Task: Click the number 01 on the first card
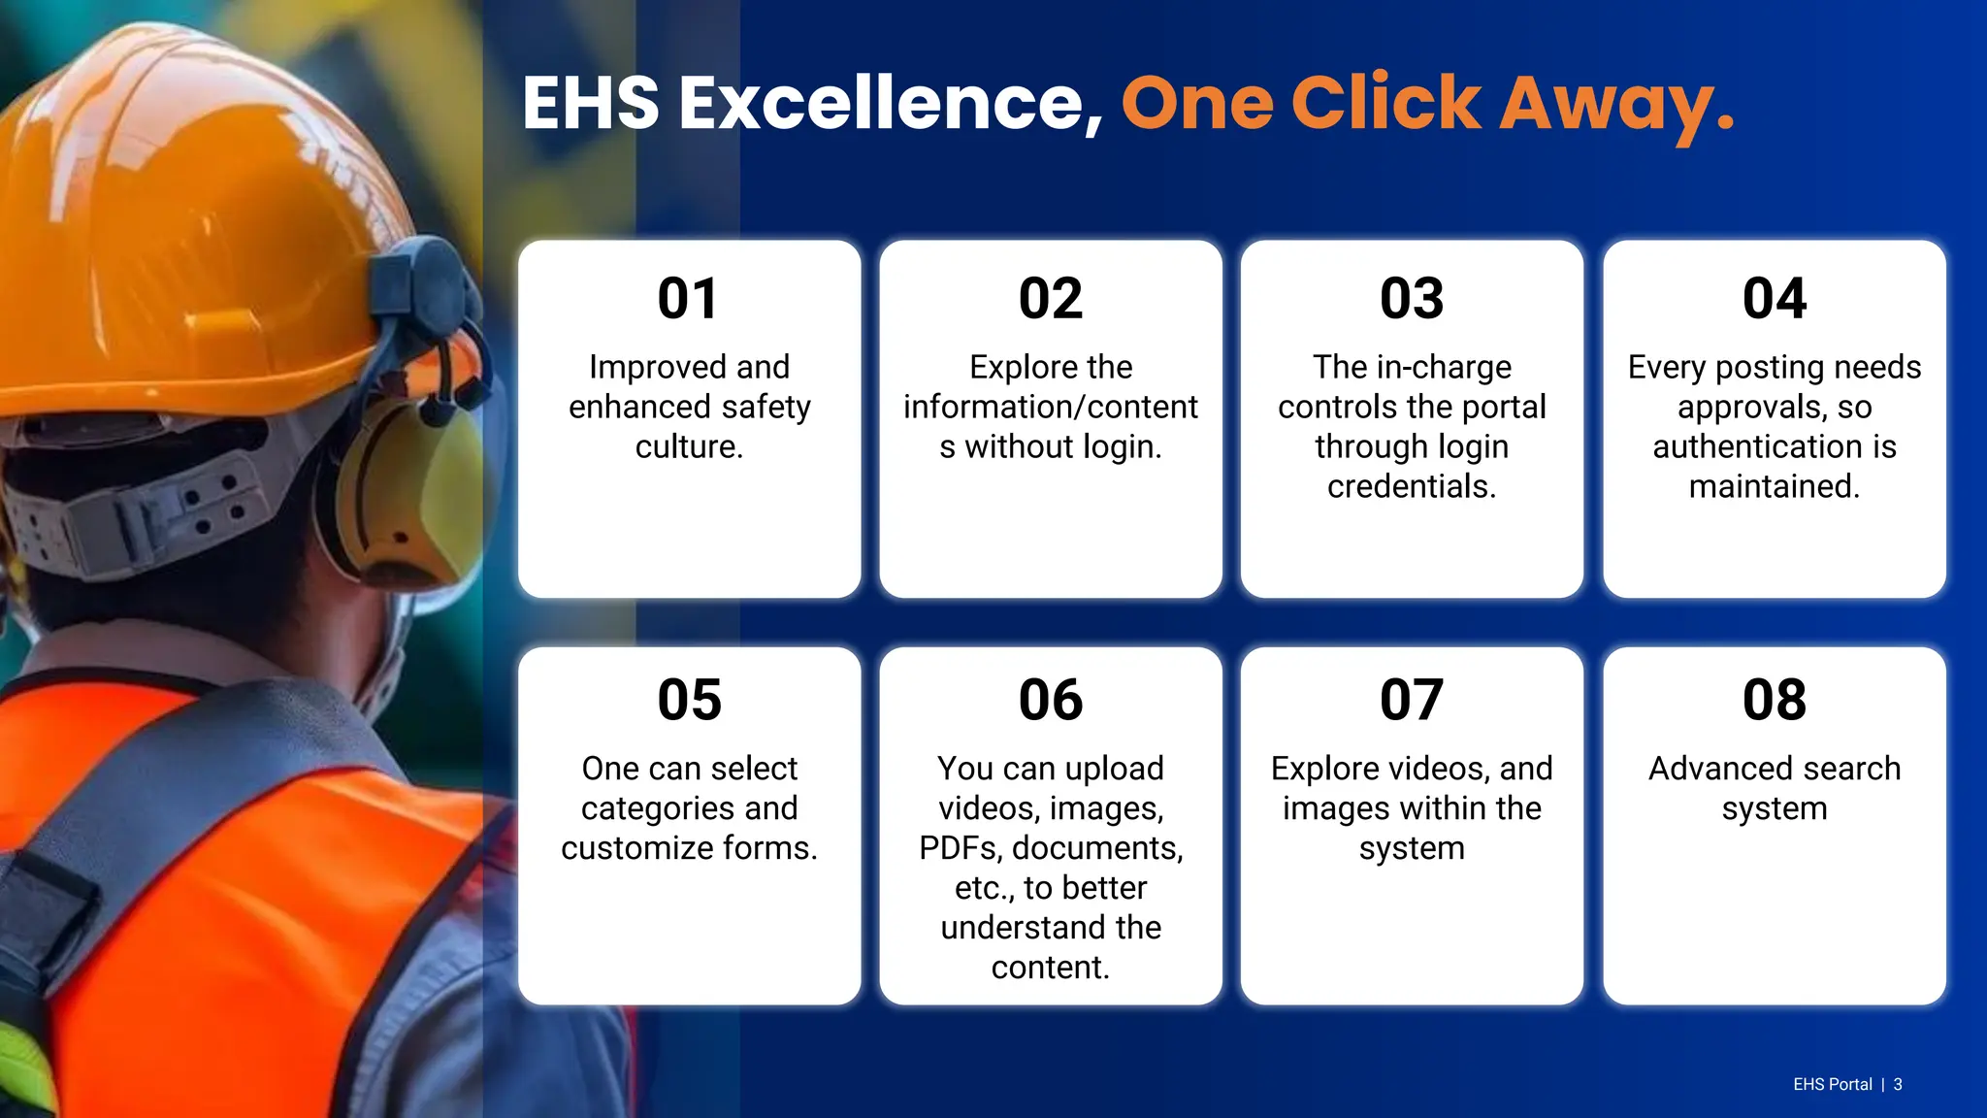pyautogui.click(x=689, y=298)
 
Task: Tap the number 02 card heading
pyautogui.click(x=1050, y=298)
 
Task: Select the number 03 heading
pyautogui.click(x=1412, y=298)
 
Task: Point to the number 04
pyautogui.click(x=1774, y=298)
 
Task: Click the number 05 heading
pyautogui.click(x=689, y=700)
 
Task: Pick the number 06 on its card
pyautogui.click(x=1050, y=700)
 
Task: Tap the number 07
pyautogui.click(x=1412, y=700)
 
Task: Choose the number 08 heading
pyautogui.click(x=1774, y=700)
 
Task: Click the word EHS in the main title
pyautogui.click(x=591, y=103)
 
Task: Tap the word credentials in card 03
pyautogui.click(x=1412, y=486)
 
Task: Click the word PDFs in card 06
pyautogui.click(x=960, y=848)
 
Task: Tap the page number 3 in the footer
pyautogui.click(x=1898, y=1084)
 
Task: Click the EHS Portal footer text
pyautogui.click(x=1832, y=1084)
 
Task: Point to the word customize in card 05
pyautogui.click(x=636, y=848)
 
